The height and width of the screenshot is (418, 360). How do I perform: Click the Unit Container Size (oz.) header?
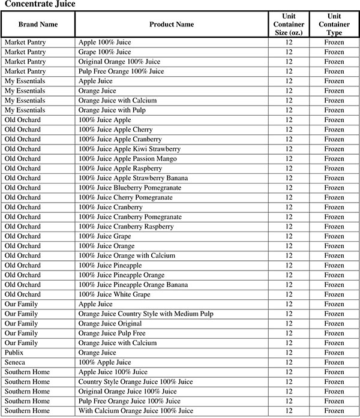tap(289, 24)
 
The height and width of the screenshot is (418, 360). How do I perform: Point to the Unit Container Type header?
tap(334, 24)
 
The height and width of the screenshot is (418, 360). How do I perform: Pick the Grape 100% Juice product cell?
tap(104, 52)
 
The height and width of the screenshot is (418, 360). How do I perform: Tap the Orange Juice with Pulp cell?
tap(112, 110)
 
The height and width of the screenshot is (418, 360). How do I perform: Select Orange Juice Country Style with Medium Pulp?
tap(146, 314)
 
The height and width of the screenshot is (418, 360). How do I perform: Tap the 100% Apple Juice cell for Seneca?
tap(104, 362)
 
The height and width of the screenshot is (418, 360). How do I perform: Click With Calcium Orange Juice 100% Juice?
tap(136, 411)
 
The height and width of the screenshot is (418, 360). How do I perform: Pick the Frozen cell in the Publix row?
tap(334, 353)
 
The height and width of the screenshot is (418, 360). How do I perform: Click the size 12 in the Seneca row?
tap(289, 362)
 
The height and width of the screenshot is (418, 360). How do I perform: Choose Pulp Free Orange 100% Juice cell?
tap(121, 71)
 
